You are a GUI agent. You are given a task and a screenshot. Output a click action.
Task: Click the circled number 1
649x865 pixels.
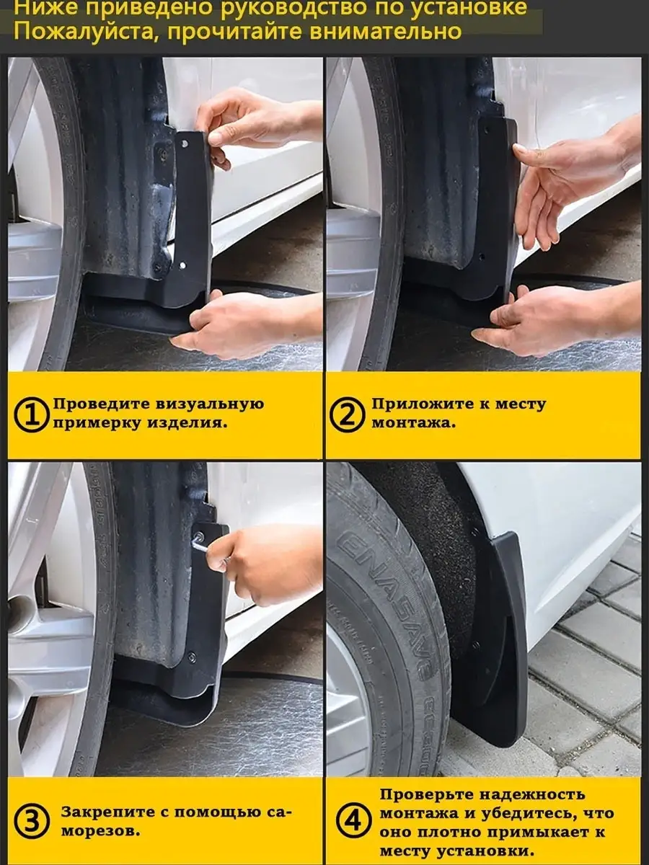pos(32,414)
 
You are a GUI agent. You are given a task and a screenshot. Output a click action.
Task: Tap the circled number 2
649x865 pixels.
pos(346,414)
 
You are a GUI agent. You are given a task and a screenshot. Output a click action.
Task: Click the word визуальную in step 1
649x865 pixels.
pos(210,404)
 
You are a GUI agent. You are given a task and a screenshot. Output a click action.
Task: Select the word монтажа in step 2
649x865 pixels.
pos(414,423)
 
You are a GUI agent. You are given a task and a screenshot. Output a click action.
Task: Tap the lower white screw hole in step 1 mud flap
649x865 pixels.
pos(182,265)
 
